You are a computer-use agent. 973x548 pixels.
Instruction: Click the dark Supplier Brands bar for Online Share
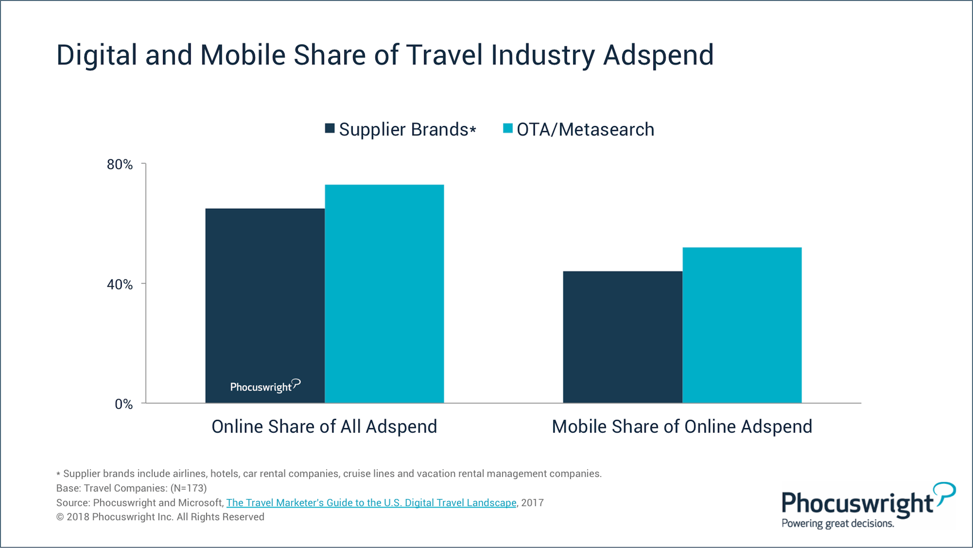tap(265, 306)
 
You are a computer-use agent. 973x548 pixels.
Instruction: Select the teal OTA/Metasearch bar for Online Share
tap(384, 293)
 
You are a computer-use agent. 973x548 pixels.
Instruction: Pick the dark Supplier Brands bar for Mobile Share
tap(623, 337)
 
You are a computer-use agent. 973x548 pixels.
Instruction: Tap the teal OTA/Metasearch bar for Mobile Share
tap(742, 325)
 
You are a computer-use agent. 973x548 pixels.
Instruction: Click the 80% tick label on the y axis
tap(120, 164)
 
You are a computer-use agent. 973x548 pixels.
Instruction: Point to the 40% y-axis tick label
tap(120, 284)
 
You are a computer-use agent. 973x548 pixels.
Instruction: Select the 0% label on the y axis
tap(124, 404)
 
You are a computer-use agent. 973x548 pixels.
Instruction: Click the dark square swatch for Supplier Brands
tap(330, 128)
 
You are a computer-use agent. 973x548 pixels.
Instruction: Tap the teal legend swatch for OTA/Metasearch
tap(508, 128)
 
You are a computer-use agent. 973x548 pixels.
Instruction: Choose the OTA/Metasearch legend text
tap(585, 129)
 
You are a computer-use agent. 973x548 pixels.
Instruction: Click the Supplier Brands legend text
tap(408, 129)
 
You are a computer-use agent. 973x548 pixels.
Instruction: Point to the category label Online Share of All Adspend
tap(324, 426)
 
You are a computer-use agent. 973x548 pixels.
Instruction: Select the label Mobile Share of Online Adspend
tap(682, 426)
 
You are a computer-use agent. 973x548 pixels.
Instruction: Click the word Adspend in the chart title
tap(659, 55)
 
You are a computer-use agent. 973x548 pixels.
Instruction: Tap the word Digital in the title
tap(97, 55)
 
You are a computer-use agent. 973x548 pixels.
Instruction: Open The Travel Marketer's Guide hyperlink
tap(371, 502)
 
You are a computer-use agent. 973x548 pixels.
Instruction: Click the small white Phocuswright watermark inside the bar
tap(265, 386)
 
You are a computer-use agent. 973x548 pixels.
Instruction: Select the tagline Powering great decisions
tap(838, 524)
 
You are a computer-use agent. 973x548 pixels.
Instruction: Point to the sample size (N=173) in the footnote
tap(188, 488)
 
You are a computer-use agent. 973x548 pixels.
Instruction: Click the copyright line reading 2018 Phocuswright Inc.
tap(160, 517)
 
